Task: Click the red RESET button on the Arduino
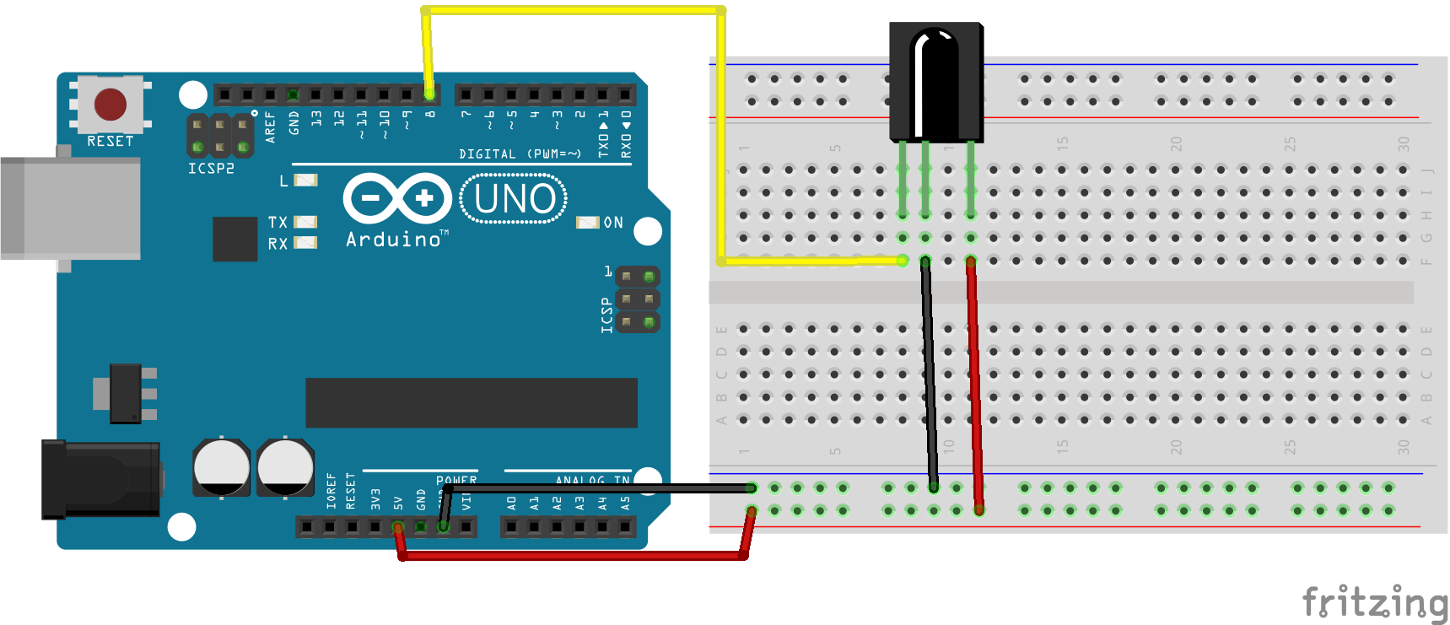click(110, 105)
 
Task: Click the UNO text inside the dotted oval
click(515, 200)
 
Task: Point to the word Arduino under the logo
click(393, 240)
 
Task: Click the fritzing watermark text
click(1374, 602)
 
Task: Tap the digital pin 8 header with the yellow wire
click(429, 94)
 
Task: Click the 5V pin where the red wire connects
click(397, 527)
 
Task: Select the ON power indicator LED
click(586, 223)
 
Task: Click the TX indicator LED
click(305, 222)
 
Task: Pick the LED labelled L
click(305, 180)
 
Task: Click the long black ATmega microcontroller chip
click(471, 402)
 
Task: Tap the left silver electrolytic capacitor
click(221, 466)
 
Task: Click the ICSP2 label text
click(211, 169)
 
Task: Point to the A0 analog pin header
click(511, 527)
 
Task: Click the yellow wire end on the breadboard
click(902, 261)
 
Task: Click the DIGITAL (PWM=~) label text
click(520, 154)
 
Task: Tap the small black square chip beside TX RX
click(234, 239)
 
